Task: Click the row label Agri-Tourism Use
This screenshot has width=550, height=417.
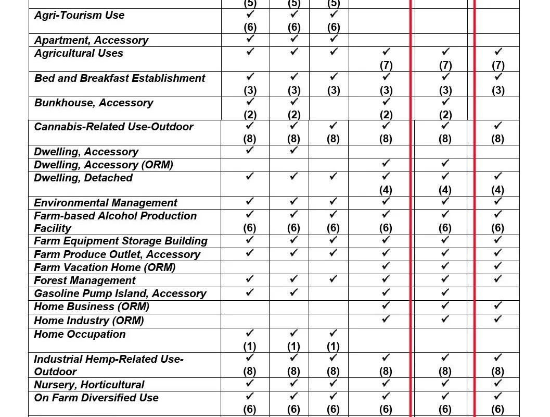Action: pos(79,16)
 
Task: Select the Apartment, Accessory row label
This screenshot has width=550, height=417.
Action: pos(91,40)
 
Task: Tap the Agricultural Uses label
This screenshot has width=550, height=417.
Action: pos(79,53)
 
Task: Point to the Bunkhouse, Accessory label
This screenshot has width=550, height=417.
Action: pos(94,103)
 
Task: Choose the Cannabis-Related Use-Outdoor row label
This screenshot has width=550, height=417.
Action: pos(113,127)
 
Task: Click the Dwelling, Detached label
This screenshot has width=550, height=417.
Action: pos(83,178)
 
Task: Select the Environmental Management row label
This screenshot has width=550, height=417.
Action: pos(106,203)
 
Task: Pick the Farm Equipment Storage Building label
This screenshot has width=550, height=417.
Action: pos(121,241)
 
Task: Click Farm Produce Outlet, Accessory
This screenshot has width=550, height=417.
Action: pos(117,254)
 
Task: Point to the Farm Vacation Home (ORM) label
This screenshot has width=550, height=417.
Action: pos(105,267)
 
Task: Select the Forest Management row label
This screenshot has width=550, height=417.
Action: pos(85,280)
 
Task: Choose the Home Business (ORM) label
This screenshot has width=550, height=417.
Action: pos(92,306)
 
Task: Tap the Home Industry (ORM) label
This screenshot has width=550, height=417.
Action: pos(89,320)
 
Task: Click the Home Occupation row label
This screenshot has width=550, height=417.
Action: pos(80,334)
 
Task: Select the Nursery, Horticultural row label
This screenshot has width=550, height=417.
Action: pos(89,385)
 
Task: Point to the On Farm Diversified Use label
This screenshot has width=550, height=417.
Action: pos(96,398)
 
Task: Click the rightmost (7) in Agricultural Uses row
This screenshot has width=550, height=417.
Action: pos(498,65)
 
